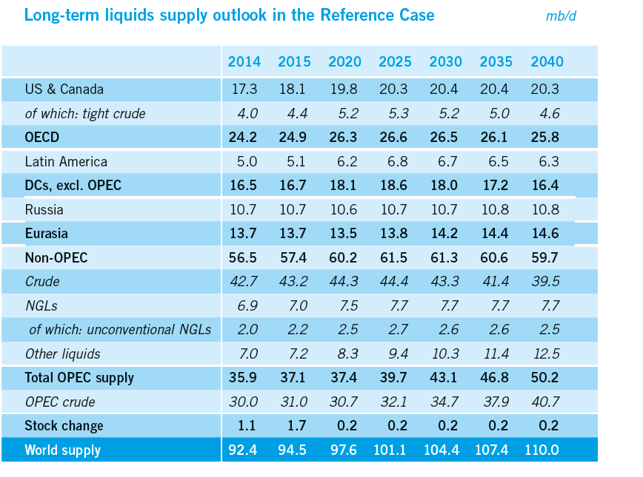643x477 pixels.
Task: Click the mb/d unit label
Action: tap(560, 16)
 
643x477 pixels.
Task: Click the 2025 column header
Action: tap(395, 62)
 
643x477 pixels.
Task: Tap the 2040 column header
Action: tap(547, 62)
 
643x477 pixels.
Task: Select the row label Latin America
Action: tap(66, 161)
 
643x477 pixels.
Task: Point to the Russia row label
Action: tap(44, 209)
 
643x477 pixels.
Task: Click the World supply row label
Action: tap(62, 450)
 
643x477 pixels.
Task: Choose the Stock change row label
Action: tap(64, 425)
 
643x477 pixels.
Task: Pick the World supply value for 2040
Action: tap(544, 450)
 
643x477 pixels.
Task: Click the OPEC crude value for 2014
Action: tap(244, 402)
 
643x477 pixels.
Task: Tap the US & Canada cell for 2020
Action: tap(343, 89)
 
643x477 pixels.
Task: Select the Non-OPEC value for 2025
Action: tap(393, 257)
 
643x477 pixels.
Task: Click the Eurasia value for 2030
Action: tap(444, 234)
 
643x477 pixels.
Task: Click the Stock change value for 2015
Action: tap(294, 425)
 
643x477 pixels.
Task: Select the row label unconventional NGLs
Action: tap(120, 329)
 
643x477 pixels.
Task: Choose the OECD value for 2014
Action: tap(244, 138)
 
